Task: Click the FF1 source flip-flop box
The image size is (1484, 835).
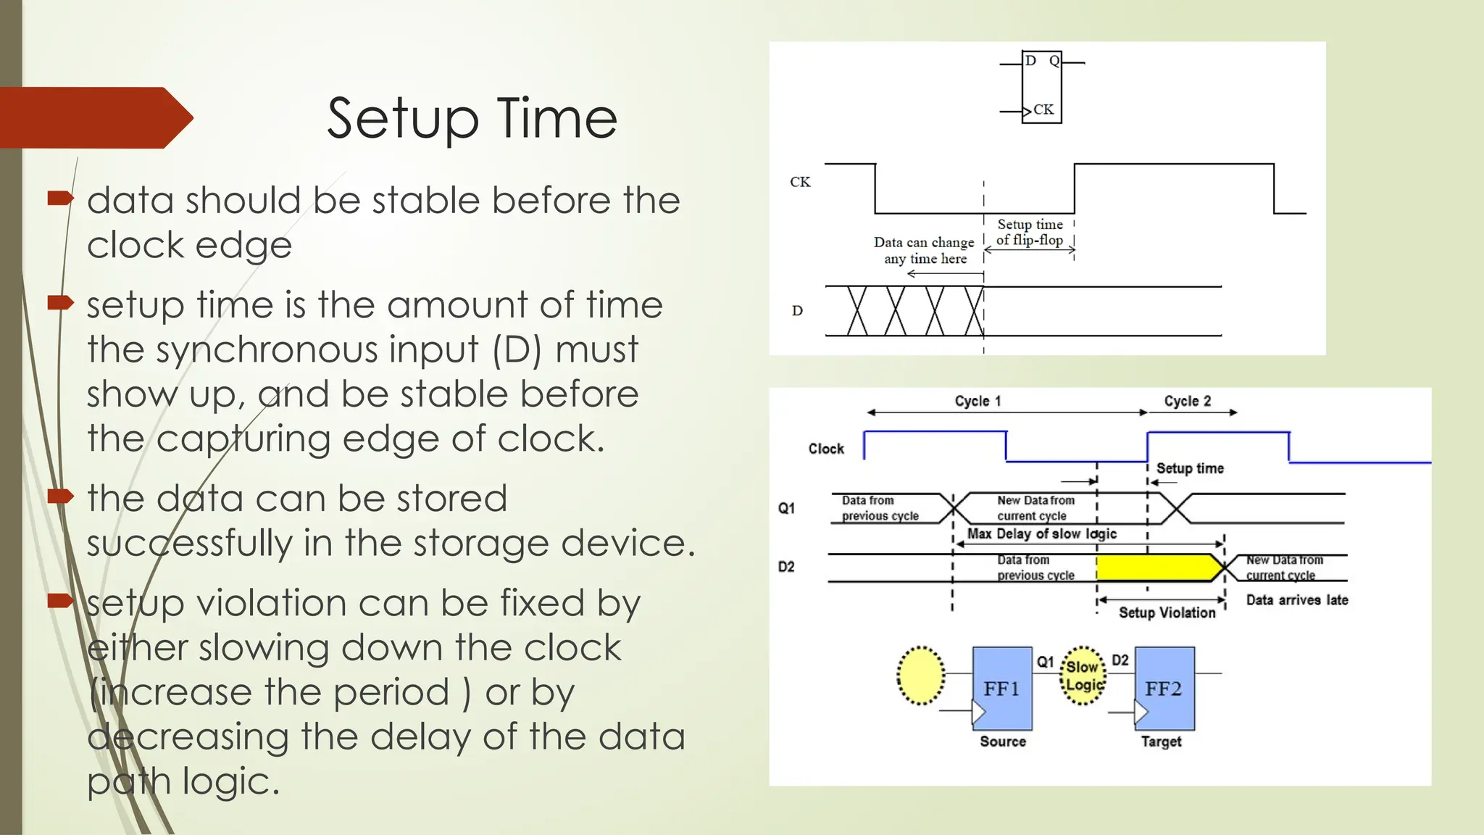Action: point(1001,688)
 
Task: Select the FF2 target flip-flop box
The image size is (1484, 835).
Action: point(1164,688)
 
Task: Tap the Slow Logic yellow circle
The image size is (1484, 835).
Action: point(1083,676)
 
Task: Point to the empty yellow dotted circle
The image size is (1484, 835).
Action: point(920,676)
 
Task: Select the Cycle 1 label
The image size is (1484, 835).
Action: point(977,401)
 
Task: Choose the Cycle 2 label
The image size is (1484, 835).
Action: point(1187,401)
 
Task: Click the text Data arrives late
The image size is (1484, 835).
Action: point(1296,600)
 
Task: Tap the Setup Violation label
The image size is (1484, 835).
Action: point(1167,613)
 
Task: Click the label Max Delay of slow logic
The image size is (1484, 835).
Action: point(1041,534)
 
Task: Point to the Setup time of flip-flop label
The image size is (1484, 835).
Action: point(1030,233)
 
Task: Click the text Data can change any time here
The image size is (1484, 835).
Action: point(924,250)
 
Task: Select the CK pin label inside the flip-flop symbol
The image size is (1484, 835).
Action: point(1043,109)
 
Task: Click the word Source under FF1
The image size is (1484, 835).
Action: point(1003,741)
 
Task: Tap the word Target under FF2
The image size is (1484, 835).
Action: point(1161,741)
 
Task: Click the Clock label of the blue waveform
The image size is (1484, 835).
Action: point(826,449)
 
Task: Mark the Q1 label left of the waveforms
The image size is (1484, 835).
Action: point(786,508)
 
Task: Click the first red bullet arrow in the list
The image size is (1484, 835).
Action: point(60,198)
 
